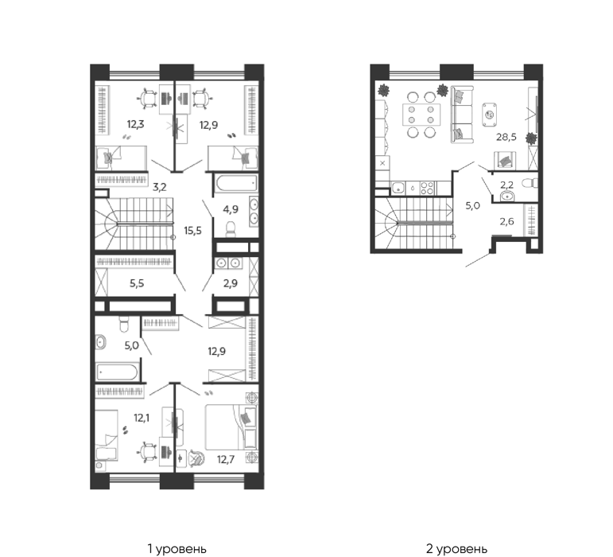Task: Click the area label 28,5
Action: (506, 137)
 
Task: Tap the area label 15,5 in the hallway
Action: (192, 231)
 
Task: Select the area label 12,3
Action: (135, 124)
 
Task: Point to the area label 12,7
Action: (226, 459)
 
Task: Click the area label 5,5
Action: (137, 283)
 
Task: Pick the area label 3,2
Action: (160, 187)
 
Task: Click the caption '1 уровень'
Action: (177, 549)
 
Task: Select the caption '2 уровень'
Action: (456, 549)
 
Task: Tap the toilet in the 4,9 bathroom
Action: (231, 229)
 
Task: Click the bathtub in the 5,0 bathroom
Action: (117, 372)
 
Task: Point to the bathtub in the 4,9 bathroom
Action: (236, 184)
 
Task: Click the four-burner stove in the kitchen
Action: (427, 189)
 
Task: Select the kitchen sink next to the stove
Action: (398, 189)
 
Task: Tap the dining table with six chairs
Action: (421, 115)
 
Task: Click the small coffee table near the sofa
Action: (490, 115)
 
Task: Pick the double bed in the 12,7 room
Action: (231, 427)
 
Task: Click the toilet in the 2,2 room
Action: (530, 183)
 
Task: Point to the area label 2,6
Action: (506, 222)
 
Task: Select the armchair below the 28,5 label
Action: (506, 161)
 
